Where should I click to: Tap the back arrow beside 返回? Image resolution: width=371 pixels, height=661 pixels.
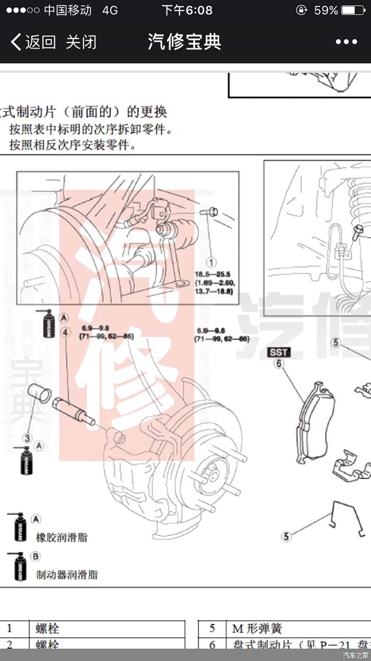click(16, 42)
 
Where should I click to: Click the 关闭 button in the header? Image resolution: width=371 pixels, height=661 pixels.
click(81, 42)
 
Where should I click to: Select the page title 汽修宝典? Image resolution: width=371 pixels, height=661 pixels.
click(184, 42)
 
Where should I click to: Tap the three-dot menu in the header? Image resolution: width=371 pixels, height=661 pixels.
click(346, 42)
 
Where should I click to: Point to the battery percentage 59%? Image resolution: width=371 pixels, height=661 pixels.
click(326, 10)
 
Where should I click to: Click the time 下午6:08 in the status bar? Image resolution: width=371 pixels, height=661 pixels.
click(187, 10)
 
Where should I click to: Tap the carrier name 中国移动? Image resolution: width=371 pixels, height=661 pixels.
click(67, 10)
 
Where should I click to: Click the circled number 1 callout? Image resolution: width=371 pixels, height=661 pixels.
click(211, 262)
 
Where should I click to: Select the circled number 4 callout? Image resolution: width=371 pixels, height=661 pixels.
click(65, 332)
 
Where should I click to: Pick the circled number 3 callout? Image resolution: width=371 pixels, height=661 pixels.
click(27, 438)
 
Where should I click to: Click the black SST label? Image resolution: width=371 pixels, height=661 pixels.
click(279, 352)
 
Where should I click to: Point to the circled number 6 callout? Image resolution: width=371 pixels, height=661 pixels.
click(279, 364)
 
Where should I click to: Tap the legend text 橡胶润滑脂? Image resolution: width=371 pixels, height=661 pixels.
click(62, 537)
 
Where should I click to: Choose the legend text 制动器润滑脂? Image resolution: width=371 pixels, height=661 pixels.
click(67, 574)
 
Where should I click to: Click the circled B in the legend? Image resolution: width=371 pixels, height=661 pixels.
click(36, 556)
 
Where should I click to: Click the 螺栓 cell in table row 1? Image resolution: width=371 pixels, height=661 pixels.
click(47, 629)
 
